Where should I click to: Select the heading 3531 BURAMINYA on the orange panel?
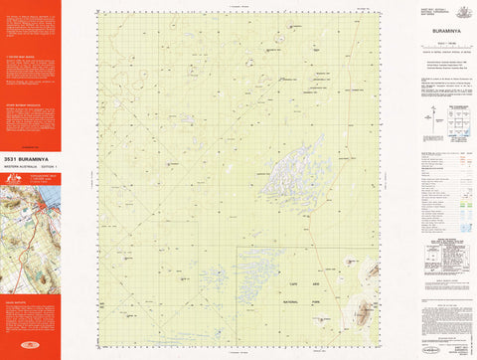point(30,157)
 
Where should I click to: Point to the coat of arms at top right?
point(458,12)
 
